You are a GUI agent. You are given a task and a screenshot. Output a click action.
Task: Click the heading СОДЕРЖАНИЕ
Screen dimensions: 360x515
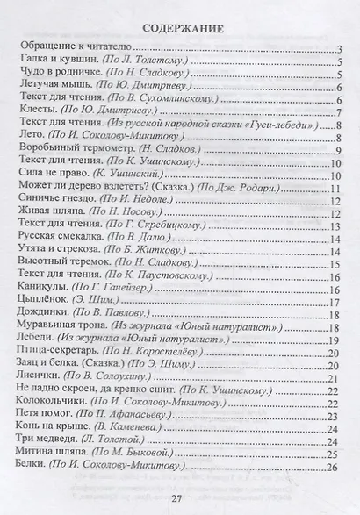(181, 28)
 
